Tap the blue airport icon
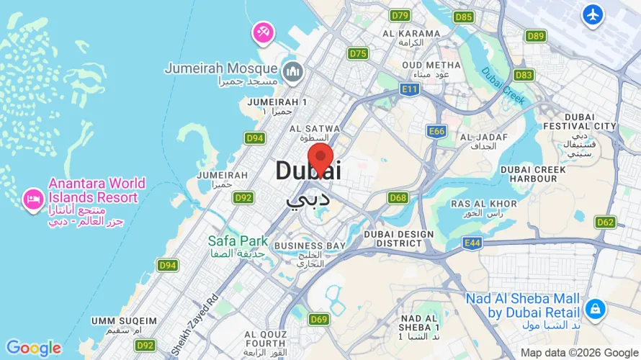[x=593, y=14]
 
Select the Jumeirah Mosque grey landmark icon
[x=292, y=71]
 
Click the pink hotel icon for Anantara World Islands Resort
[x=32, y=199]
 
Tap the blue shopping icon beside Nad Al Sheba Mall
[x=595, y=309]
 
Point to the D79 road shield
[x=400, y=15]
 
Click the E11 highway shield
[x=409, y=89]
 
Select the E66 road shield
[x=436, y=131]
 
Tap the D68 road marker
[x=398, y=197]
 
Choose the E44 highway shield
[x=472, y=243]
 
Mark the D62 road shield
[x=605, y=222]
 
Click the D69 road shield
[x=318, y=319]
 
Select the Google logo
[x=34, y=348]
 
